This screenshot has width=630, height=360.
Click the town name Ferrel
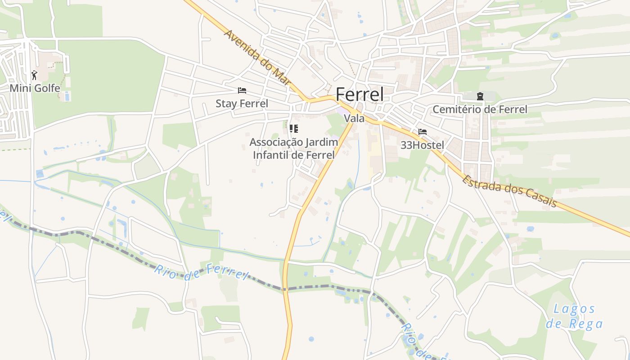pos(360,94)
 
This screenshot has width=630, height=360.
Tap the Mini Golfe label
pos(35,88)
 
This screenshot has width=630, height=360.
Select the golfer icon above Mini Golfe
pos(34,75)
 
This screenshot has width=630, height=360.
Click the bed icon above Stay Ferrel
pos(242,90)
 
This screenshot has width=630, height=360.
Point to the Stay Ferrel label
pos(242,103)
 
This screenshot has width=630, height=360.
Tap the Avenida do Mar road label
pos(258,57)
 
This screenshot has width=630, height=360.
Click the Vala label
pos(354,118)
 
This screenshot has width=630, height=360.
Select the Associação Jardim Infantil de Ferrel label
pos(293,148)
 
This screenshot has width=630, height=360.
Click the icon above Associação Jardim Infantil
pos(294,129)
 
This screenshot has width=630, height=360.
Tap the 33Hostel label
pos(422,145)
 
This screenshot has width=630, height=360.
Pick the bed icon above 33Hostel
pos(422,132)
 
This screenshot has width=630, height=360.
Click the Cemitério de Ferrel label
pos(480,109)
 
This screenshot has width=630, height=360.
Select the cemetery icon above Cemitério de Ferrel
pos(480,96)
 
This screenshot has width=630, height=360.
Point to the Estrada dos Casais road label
pos(510,191)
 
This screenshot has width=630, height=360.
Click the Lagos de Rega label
pos(574,316)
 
